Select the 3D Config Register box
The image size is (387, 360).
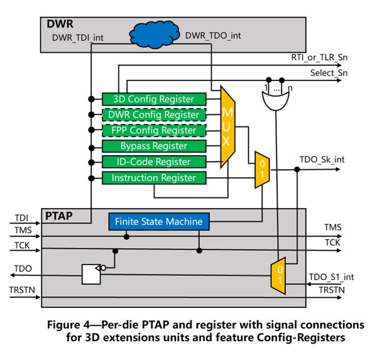pyautogui.click(x=154, y=99)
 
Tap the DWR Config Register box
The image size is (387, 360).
pyautogui.click(x=154, y=115)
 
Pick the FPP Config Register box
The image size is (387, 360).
pyautogui.click(x=154, y=131)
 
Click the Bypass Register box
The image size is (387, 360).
pyautogui.click(x=154, y=146)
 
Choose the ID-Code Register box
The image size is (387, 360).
pyautogui.click(x=154, y=162)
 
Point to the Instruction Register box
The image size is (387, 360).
pyautogui.click(x=154, y=178)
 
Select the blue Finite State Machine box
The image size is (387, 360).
pyautogui.click(x=158, y=221)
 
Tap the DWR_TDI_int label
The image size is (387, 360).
pyautogui.click(x=77, y=38)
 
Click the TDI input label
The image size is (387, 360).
pyautogui.click(x=19, y=218)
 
